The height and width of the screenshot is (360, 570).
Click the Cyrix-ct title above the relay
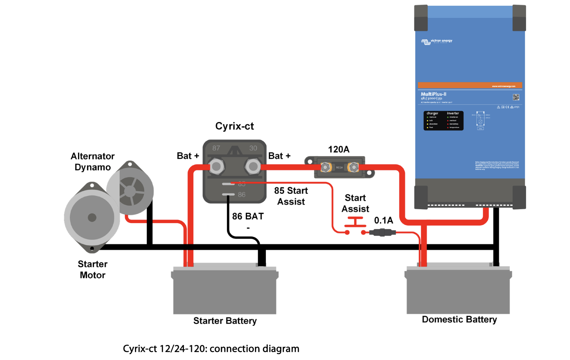coord(234,126)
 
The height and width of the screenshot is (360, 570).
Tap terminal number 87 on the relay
coord(216,148)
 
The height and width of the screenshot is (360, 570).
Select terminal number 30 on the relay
coord(253,148)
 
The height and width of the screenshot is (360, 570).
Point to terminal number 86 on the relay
coord(242,195)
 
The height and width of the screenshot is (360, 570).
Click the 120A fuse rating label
coord(338,149)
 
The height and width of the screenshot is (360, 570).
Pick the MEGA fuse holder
coord(339,167)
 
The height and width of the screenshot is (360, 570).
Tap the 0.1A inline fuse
coord(382,232)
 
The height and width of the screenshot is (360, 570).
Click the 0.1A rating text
coord(383,220)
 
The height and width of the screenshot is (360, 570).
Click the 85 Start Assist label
coord(291,196)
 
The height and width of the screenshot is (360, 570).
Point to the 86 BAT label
coord(248,217)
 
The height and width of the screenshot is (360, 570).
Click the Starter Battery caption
coord(225,321)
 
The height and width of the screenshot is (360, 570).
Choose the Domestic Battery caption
coord(459,319)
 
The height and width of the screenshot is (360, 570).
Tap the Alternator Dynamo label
coord(93,162)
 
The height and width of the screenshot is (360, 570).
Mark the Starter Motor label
coord(92,269)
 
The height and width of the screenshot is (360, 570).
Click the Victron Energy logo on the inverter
coord(437,41)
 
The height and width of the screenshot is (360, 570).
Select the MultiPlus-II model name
coord(433,94)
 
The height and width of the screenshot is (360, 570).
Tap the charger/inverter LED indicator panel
coord(443,121)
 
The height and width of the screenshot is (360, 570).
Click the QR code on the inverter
coord(516,97)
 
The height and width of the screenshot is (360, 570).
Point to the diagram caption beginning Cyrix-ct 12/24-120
coord(211,348)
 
